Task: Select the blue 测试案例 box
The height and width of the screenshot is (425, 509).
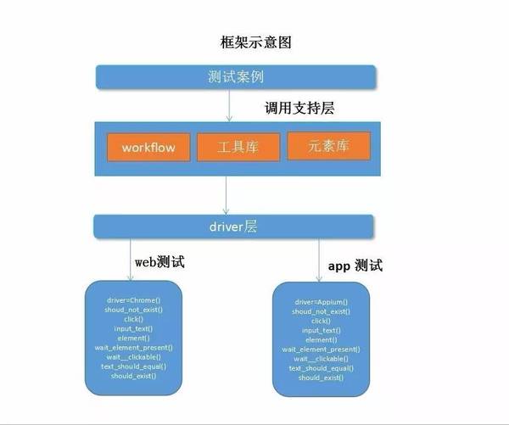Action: tap(235, 76)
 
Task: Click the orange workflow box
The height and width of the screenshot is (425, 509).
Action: tap(148, 147)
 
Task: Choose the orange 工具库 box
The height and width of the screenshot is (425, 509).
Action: tap(237, 148)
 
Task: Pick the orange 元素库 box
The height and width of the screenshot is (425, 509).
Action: tap(328, 145)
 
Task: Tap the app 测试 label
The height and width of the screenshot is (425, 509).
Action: tap(355, 266)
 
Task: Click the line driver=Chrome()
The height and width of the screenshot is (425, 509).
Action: tap(133, 300)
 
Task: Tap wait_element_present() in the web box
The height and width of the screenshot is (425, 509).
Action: tap(133, 347)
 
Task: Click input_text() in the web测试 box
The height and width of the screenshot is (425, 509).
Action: tap(133, 328)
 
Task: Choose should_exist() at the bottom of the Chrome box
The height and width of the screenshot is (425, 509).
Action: tap(133, 375)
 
